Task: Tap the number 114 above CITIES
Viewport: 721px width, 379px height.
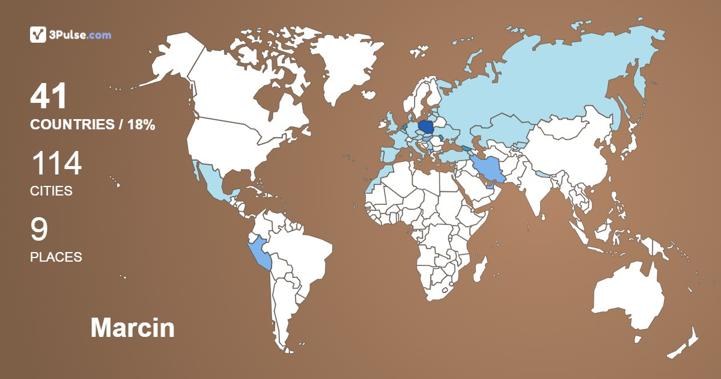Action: pos(56,164)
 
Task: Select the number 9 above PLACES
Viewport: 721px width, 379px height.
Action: pos(39,230)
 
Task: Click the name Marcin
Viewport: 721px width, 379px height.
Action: pos(132,328)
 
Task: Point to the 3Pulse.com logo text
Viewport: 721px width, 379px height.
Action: pos(81,35)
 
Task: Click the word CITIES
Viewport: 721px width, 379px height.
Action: pos(51,191)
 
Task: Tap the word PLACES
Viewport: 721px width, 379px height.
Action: pos(56,257)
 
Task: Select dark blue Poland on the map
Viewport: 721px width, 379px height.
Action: pos(427,128)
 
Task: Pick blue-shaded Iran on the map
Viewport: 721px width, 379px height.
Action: pos(487,169)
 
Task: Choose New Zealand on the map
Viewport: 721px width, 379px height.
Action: pos(685,343)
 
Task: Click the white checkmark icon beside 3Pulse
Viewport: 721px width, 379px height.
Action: pos(38,34)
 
